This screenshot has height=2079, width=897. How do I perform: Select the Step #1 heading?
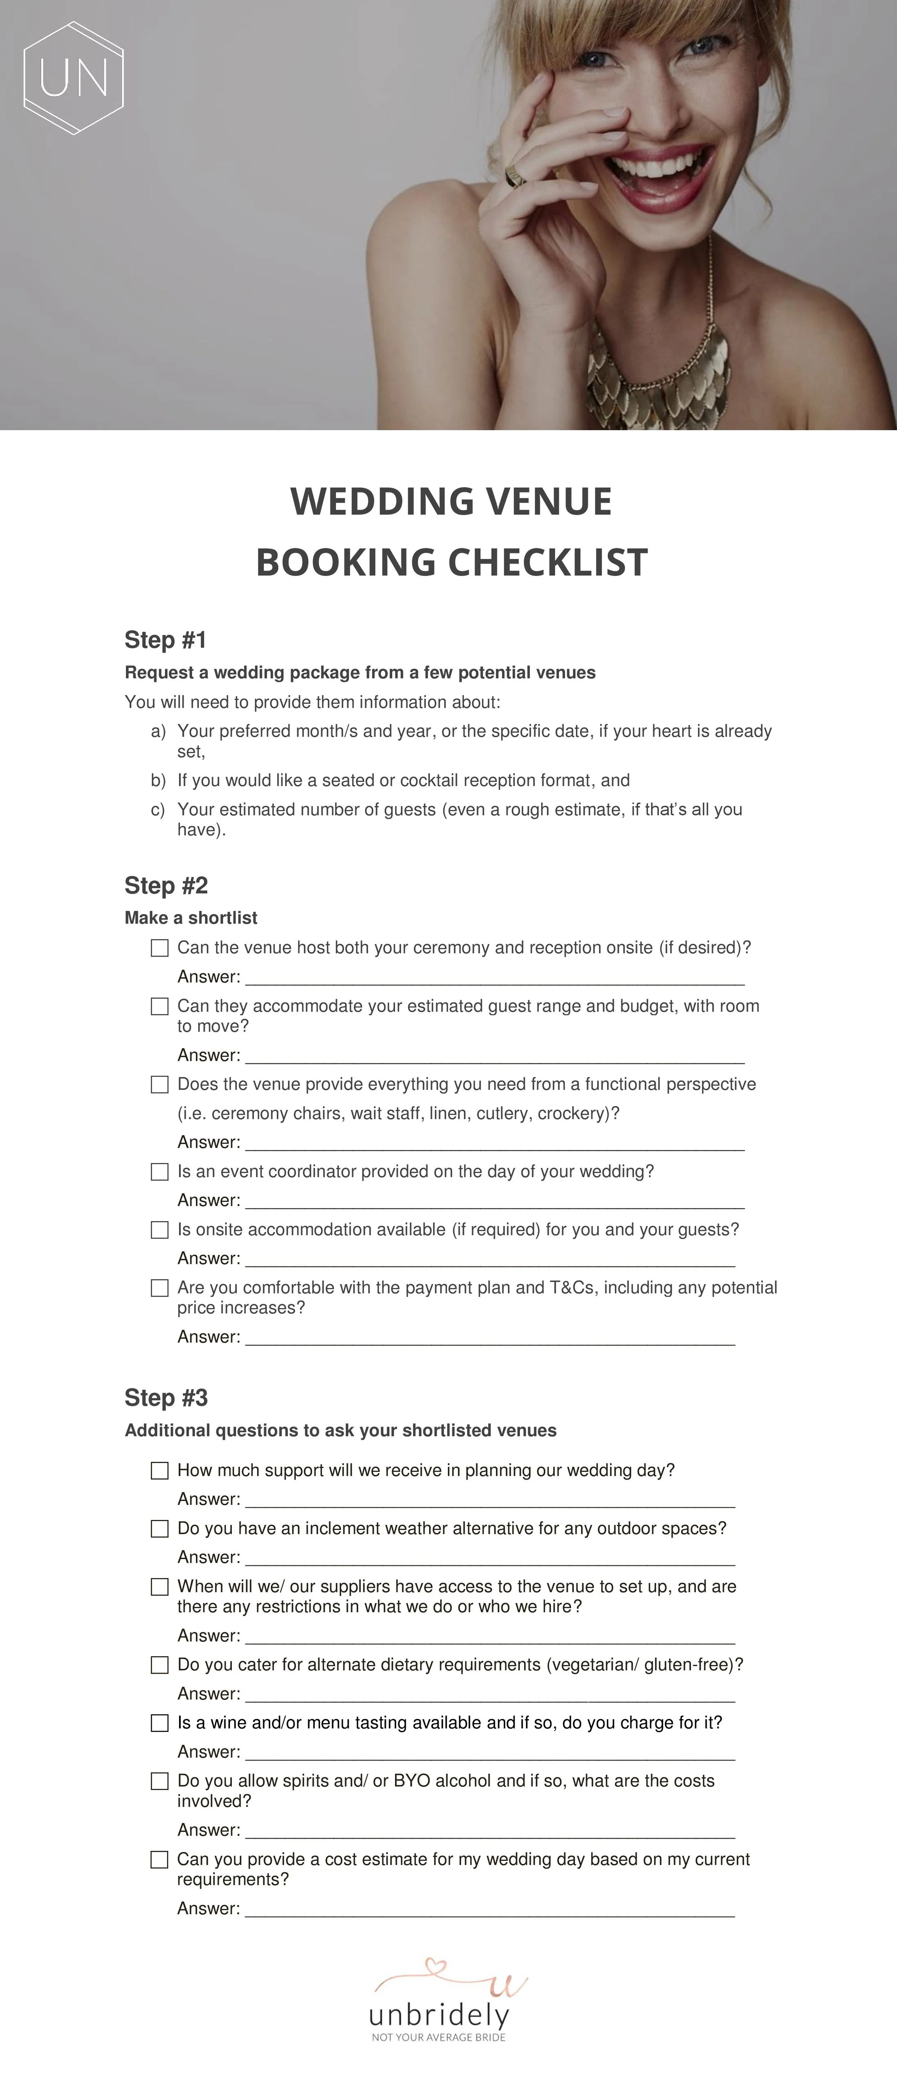coord(165,640)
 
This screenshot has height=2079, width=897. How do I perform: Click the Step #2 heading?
coord(165,885)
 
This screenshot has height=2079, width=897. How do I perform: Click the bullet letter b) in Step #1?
coord(158,780)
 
